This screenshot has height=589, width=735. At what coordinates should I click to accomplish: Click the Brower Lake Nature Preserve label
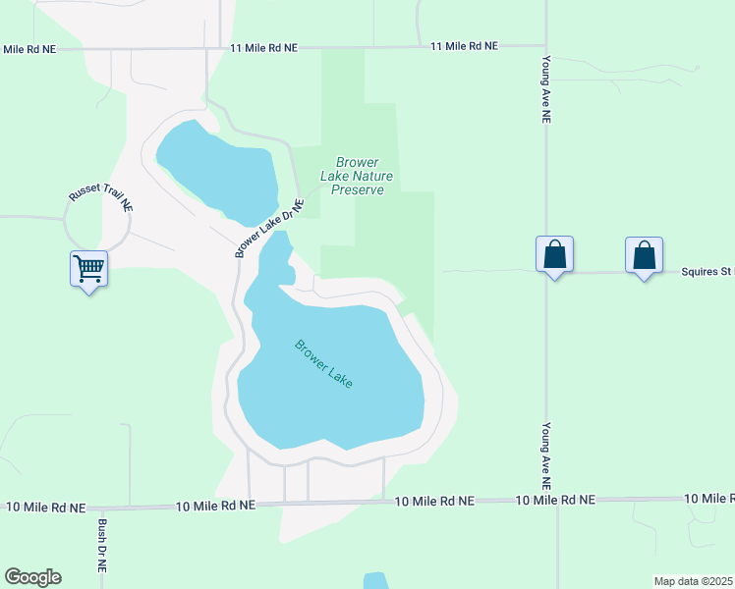[357, 176]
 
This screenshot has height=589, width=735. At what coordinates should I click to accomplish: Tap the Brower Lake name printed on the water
[323, 363]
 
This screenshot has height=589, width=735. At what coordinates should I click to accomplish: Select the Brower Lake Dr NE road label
[269, 228]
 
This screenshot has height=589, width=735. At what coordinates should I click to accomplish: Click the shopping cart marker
[88, 267]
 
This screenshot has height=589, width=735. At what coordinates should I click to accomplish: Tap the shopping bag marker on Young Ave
[555, 254]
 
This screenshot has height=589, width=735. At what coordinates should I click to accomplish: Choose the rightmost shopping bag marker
[644, 254]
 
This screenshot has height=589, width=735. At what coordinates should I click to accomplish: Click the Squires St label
[707, 272]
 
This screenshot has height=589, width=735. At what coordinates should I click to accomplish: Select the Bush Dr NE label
[101, 547]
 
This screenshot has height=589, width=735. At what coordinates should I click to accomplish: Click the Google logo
[32, 577]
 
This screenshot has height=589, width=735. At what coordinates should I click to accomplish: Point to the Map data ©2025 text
[694, 581]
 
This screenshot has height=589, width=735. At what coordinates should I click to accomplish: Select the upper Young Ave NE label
[546, 88]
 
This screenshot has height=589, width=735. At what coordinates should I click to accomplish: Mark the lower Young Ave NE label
[546, 456]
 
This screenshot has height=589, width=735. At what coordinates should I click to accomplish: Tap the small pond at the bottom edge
[375, 581]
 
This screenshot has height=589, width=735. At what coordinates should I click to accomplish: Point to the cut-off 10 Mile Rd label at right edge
[708, 499]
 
